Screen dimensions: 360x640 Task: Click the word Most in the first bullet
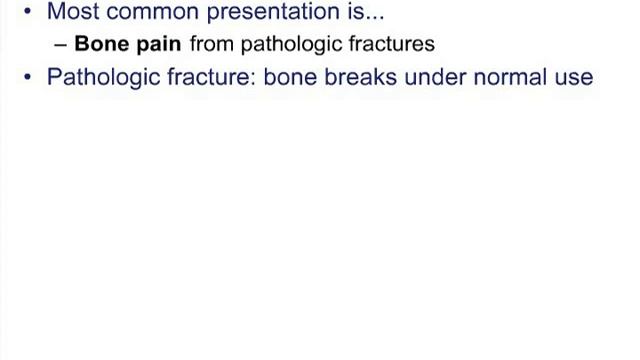pyautogui.click(x=69, y=13)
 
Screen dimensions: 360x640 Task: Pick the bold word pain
pyautogui.click(x=157, y=45)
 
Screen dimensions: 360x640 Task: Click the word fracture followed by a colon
pyautogui.click(x=204, y=76)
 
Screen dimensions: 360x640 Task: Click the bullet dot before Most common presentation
pyautogui.click(x=27, y=14)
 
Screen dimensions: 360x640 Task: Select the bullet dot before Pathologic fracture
pyautogui.click(x=27, y=77)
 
